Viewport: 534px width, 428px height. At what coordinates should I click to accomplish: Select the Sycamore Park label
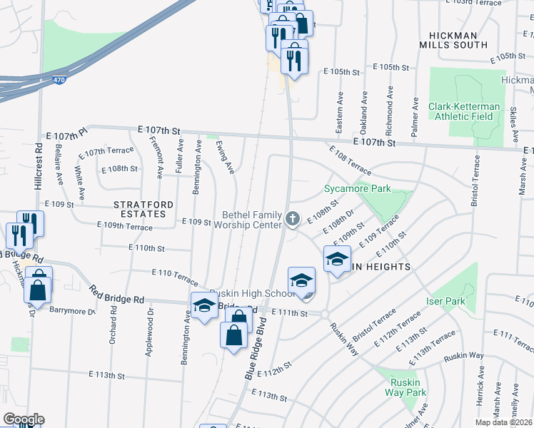(x=358, y=189)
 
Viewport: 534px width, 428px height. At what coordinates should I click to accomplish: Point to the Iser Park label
(x=445, y=301)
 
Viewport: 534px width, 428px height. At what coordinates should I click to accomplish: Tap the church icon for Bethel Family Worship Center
(x=292, y=219)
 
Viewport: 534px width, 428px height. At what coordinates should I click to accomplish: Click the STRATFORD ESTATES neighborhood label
(x=143, y=209)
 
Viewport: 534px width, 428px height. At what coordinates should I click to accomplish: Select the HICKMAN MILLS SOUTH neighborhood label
(x=468, y=40)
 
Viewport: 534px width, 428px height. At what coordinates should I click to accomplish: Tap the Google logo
(x=23, y=419)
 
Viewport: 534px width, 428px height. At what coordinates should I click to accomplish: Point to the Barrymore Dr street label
(x=71, y=310)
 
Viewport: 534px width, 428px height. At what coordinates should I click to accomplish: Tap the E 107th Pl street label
(x=66, y=134)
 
